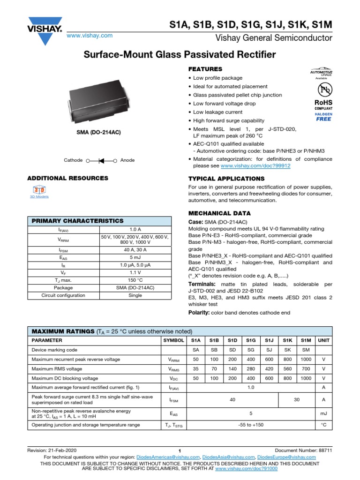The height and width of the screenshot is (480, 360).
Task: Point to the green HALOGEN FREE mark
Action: [x=323, y=117]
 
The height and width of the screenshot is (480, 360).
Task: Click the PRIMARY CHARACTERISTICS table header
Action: [x=77, y=221]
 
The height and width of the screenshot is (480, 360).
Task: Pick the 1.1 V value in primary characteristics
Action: [x=135, y=272]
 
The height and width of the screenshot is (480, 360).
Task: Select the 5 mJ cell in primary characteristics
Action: [x=135, y=257]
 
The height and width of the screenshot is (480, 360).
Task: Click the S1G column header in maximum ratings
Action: [x=251, y=340]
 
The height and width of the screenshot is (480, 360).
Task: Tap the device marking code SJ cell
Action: [x=269, y=350]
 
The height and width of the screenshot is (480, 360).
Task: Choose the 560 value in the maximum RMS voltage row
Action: [x=287, y=369]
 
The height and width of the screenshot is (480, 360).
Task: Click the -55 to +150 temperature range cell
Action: [x=251, y=425]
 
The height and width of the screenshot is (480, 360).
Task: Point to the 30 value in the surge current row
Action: [x=296, y=399]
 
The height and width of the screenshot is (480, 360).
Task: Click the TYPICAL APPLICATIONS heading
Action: [x=226, y=179]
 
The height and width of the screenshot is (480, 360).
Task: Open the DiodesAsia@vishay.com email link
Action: [x=230, y=457]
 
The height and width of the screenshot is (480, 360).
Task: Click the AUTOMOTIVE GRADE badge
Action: [x=322, y=73]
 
